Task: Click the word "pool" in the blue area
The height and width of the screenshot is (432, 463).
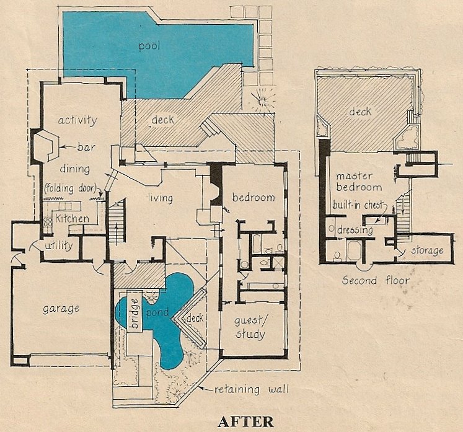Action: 149,46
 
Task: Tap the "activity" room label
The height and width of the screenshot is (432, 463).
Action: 77,120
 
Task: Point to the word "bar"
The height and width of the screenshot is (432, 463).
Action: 86,146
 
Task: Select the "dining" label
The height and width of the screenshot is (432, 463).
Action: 75,169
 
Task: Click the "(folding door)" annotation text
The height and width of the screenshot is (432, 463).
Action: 71,188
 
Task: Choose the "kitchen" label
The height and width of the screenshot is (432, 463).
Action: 72,219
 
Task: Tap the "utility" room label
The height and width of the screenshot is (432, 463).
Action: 59,245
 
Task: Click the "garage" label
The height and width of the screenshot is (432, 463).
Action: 61,309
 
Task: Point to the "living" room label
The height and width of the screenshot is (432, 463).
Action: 161,198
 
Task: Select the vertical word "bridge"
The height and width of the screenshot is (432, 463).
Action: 134,313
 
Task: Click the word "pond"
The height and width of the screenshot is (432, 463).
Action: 157,313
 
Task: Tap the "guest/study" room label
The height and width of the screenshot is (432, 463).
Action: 250,327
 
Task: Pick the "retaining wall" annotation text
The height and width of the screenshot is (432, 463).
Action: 251,389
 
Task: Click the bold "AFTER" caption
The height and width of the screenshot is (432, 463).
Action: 245,421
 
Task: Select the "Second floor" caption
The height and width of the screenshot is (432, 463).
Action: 376,280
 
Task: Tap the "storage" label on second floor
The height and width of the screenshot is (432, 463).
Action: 427,250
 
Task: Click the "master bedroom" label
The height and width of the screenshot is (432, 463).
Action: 359,182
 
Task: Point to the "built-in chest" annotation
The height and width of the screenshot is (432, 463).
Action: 358,205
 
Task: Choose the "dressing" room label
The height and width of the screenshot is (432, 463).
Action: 355,230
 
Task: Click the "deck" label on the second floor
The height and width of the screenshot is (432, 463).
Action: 360,112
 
